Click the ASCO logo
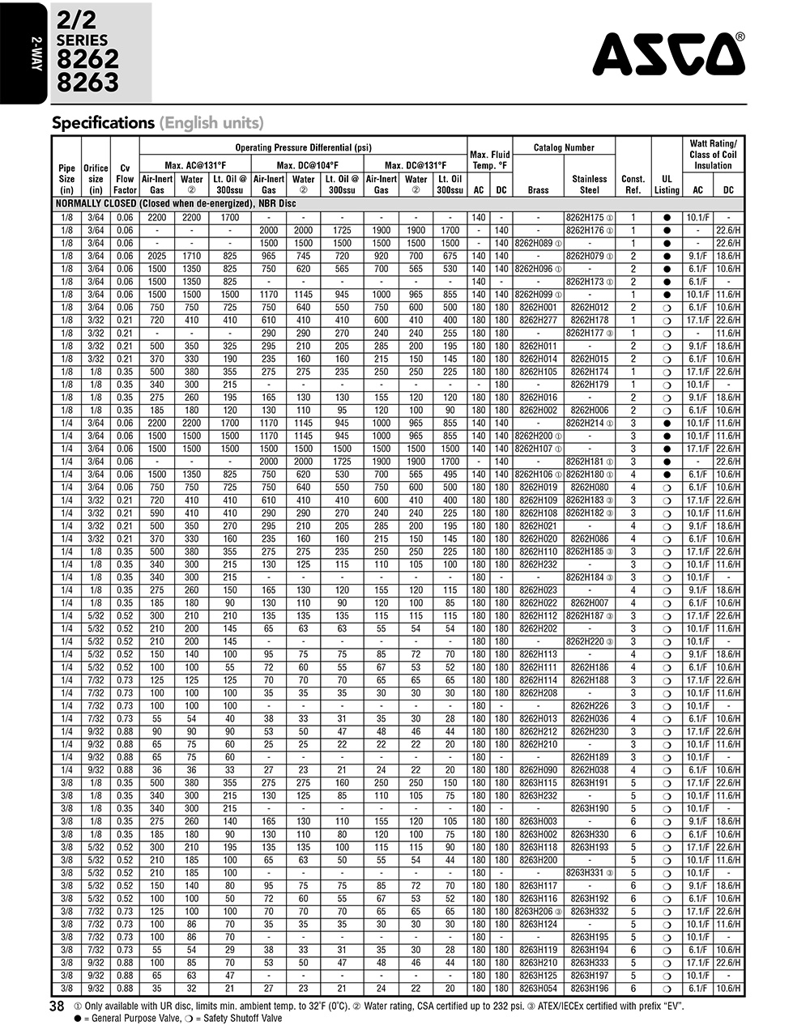pos(668,54)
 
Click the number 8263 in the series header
pos(87,83)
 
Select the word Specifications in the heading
pos(103,123)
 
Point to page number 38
pos(57,1006)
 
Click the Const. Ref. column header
pos(633,184)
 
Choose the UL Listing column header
pos(667,184)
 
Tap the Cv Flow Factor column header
pos(125,179)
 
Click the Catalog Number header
pos(564,147)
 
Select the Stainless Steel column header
pos(589,184)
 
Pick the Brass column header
pos(538,190)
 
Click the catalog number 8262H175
pos(586,218)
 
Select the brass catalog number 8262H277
pos(538,321)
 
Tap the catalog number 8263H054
pos(538,989)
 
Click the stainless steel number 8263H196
pos(589,989)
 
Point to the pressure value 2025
pos(157,256)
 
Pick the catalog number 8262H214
pos(586,423)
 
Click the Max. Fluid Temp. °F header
pos(490,160)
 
